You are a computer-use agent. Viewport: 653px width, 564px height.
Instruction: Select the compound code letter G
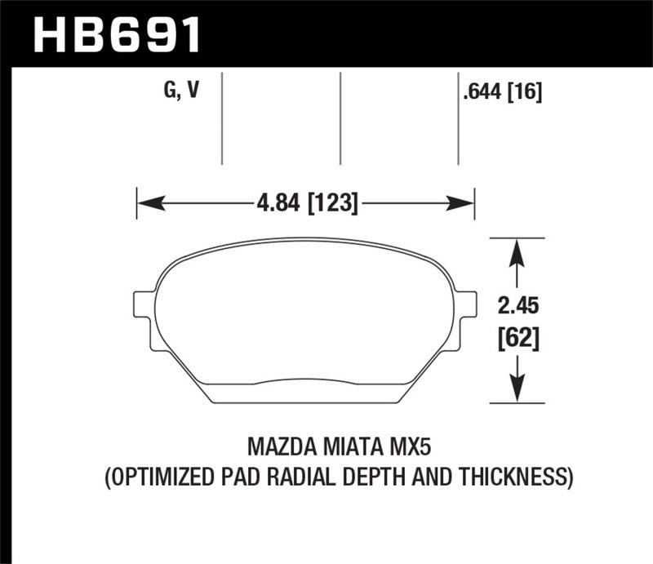(x=170, y=91)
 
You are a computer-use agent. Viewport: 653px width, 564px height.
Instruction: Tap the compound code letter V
(x=193, y=91)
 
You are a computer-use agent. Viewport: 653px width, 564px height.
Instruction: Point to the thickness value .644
(x=482, y=93)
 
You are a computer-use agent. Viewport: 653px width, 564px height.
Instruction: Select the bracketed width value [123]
(x=333, y=202)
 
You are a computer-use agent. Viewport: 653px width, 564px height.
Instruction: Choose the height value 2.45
(x=516, y=306)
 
